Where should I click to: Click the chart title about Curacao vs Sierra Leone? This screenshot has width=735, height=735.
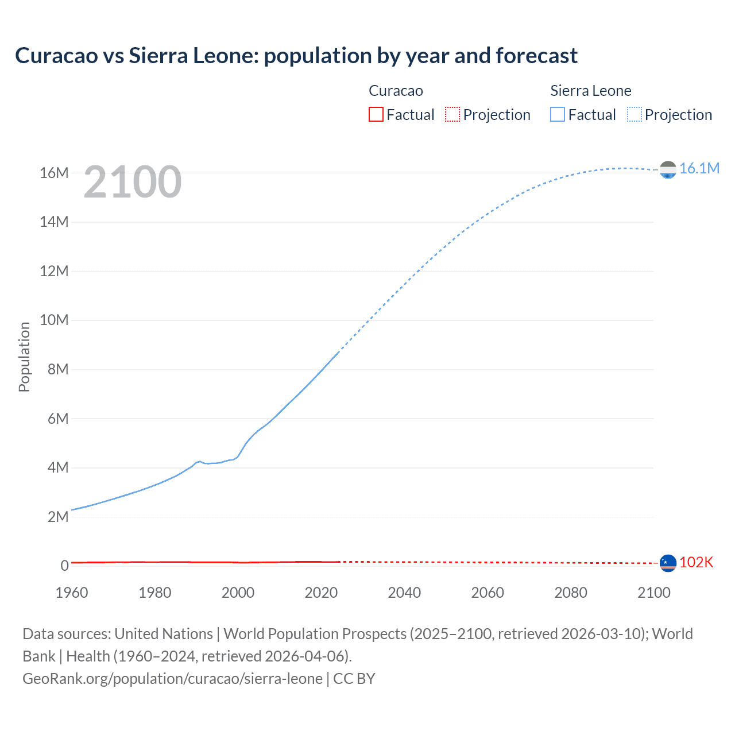[x=296, y=56]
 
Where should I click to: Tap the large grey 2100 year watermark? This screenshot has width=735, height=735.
[x=133, y=182]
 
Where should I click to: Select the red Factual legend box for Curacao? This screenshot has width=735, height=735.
[x=376, y=114]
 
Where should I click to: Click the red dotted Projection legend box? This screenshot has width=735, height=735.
[x=452, y=114]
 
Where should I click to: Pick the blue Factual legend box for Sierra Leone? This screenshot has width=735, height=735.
[x=558, y=114]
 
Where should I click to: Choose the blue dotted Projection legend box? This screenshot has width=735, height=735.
[x=635, y=114]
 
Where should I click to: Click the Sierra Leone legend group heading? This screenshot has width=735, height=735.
[x=590, y=91]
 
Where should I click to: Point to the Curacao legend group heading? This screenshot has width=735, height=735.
[x=396, y=91]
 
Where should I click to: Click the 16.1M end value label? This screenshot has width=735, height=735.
[x=699, y=168]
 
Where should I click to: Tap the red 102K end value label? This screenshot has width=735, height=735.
[x=696, y=562]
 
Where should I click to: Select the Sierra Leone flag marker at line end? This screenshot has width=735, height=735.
[x=668, y=169]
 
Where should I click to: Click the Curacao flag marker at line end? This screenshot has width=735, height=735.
[x=668, y=563]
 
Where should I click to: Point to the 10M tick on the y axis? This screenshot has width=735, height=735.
[x=54, y=320]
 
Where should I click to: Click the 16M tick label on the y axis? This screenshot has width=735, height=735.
[x=54, y=173]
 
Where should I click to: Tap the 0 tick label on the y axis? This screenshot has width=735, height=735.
[x=64, y=566]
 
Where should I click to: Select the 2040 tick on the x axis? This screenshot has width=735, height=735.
[x=404, y=593]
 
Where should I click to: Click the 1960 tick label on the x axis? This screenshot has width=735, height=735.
[x=72, y=593]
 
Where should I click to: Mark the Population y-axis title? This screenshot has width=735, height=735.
[x=24, y=357]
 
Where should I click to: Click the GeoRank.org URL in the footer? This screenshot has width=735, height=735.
[x=172, y=679]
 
